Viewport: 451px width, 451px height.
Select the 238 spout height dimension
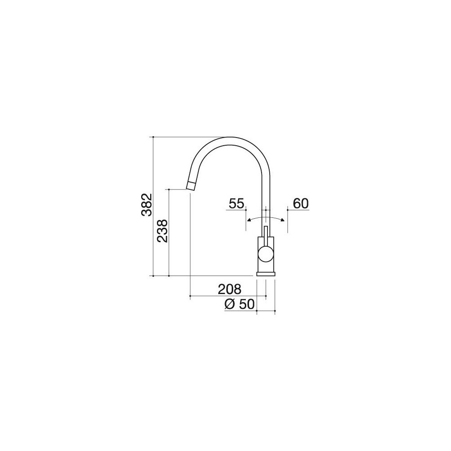point(162,231)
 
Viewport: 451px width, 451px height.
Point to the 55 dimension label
point(236,204)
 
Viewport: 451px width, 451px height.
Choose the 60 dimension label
point(300,204)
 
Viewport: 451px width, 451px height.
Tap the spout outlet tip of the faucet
point(191,185)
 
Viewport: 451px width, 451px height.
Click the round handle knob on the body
point(266,254)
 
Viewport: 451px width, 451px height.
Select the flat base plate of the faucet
point(266,273)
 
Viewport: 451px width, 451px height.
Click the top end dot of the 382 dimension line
point(154,136)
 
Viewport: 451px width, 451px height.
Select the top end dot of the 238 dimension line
point(169,189)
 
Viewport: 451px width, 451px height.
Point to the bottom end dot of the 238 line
point(169,275)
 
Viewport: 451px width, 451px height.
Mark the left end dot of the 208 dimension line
point(191,296)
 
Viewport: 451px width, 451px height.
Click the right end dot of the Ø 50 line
point(275,311)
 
